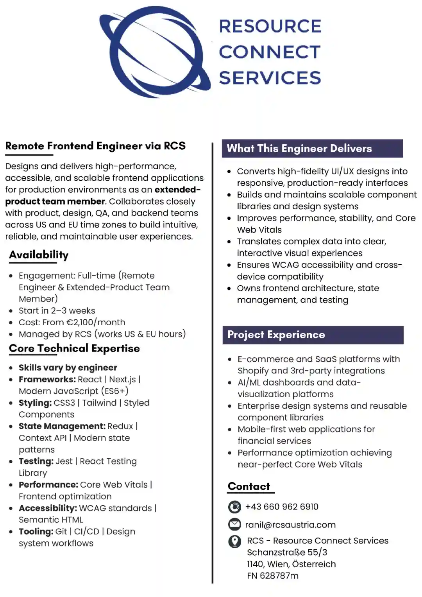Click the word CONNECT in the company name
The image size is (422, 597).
click(x=270, y=52)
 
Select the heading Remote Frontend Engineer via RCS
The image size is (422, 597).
click(x=95, y=146)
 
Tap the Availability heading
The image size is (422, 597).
click(x=39, y=255)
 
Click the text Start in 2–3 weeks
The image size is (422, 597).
click(x=57, y=310)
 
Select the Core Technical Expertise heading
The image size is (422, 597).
click(x=74, y=348)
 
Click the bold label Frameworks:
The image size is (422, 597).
click(x=47, y=379)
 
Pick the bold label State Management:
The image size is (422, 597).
click(x=62, y=426)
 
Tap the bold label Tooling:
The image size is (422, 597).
click(x=36, y=531)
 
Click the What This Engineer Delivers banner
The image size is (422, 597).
click(x=312, y=149)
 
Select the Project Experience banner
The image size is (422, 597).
click(x=313, y=335)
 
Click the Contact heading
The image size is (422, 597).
click(x=249, y=486)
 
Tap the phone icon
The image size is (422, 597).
click(x=234, y=507)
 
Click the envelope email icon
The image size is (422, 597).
click(x=234, y=524)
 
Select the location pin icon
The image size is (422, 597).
click(x=234, y=541)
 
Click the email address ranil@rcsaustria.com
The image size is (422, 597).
click(x=290, y=525)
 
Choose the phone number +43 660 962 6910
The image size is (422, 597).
click(x=282, y=507)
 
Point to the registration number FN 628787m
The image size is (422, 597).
click(x=273, y=575)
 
